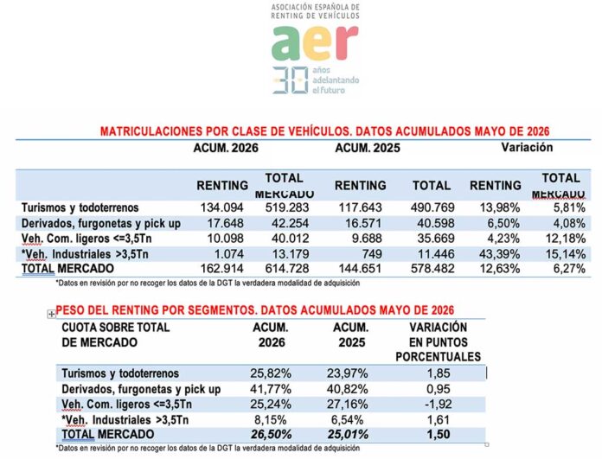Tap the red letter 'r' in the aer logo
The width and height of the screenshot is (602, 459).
click(348, 41)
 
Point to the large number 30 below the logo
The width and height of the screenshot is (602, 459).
click(291, 80)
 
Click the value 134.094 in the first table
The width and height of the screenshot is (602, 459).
click(222, 207)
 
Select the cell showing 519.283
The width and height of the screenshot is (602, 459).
click(287, 207)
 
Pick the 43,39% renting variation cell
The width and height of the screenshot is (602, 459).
click(500, 254)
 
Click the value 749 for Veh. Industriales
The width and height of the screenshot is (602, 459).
click(371, 254)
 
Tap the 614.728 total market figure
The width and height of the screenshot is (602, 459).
click(287, 268)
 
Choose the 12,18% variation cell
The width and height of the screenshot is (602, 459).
click(566, 239)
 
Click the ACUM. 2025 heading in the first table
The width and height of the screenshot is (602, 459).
click(368, 148)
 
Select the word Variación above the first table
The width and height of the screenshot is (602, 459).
click(527, 147)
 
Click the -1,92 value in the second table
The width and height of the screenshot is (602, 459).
click(438, 405)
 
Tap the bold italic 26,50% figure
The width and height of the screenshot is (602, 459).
click(271, 435)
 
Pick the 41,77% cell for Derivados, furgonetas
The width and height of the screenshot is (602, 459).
click(271, 389)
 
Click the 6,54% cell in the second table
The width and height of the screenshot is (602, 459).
click(347, 419)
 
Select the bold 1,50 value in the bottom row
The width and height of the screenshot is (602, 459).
click(438, 434)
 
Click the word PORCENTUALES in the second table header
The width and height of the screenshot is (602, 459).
click(438, 357)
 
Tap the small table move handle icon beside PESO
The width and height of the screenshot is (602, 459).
click(51, 315)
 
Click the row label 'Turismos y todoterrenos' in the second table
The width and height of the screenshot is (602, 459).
click(120, 373)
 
